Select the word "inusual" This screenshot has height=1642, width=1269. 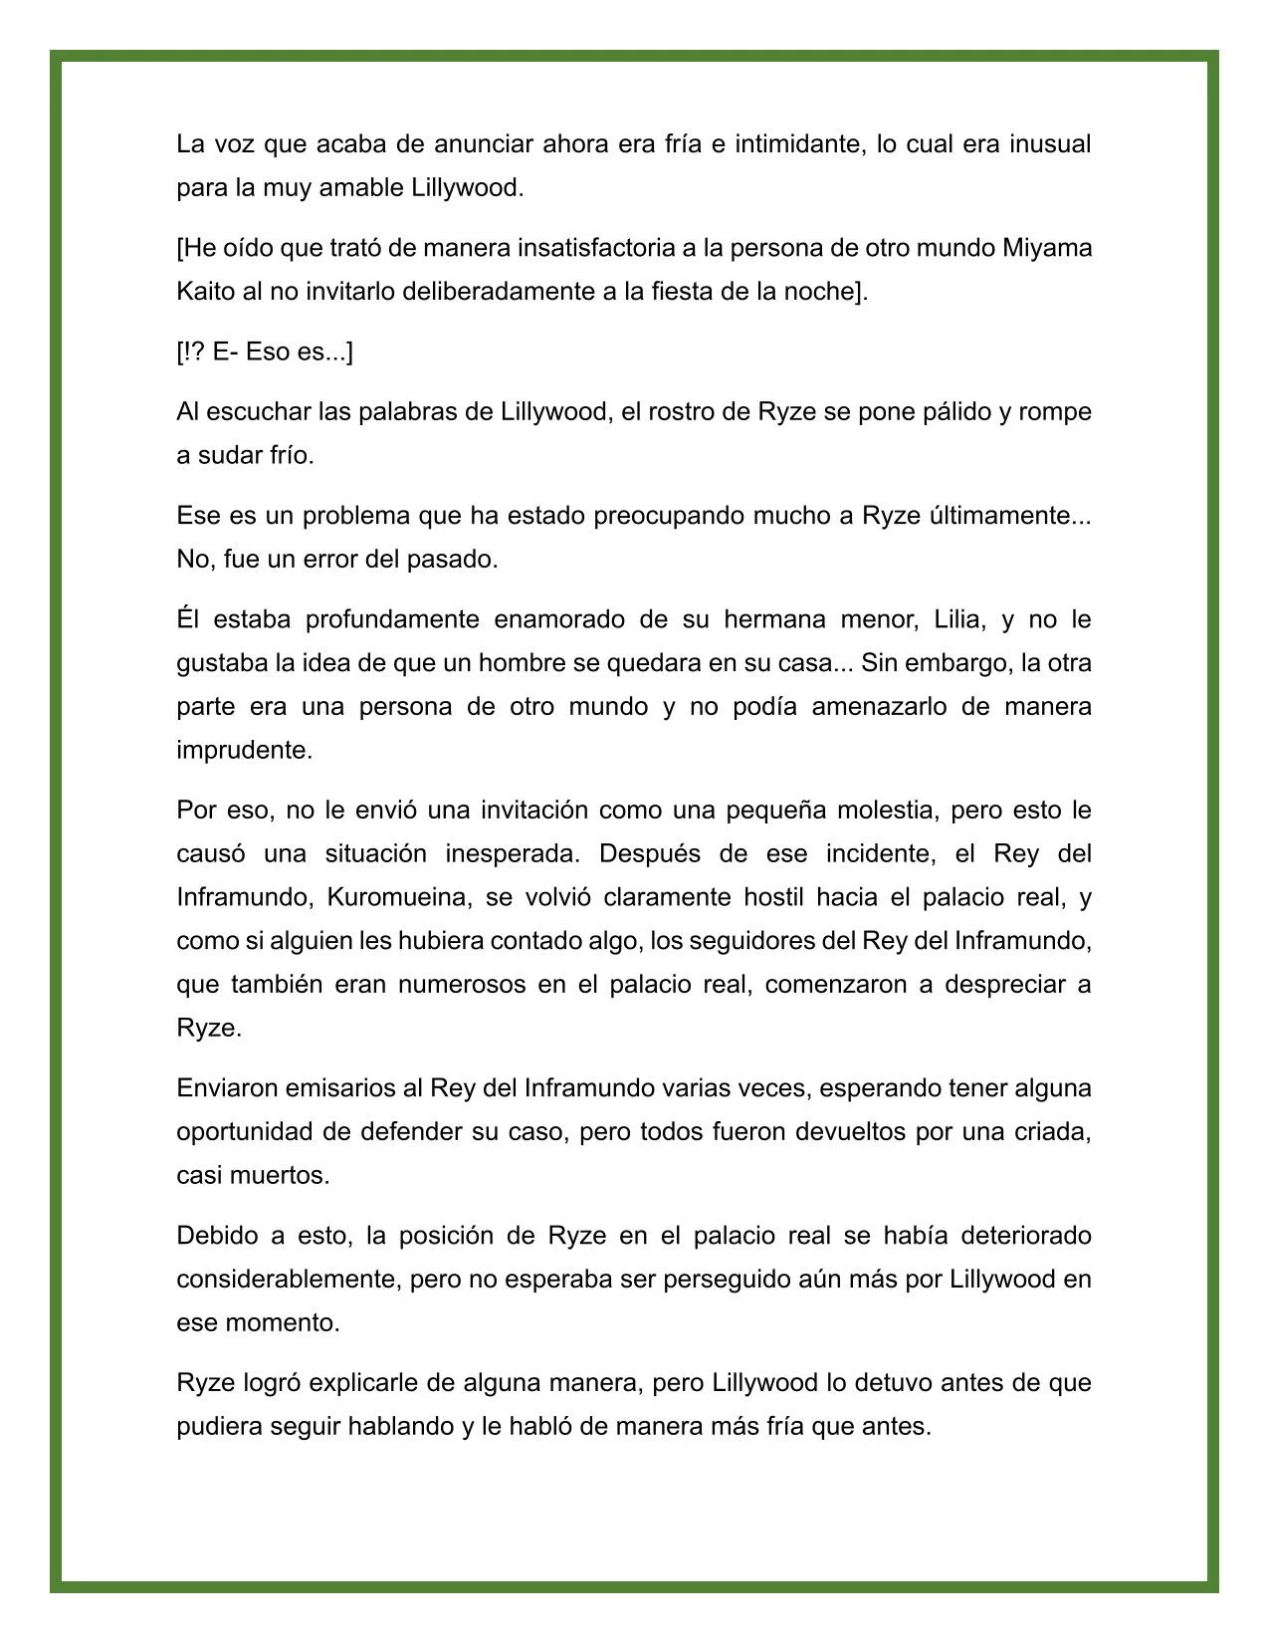1050,144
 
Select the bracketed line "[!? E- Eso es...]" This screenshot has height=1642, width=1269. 265,352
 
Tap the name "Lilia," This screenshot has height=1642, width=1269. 959,619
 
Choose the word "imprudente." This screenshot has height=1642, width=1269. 245,750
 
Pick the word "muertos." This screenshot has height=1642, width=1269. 280,1175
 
